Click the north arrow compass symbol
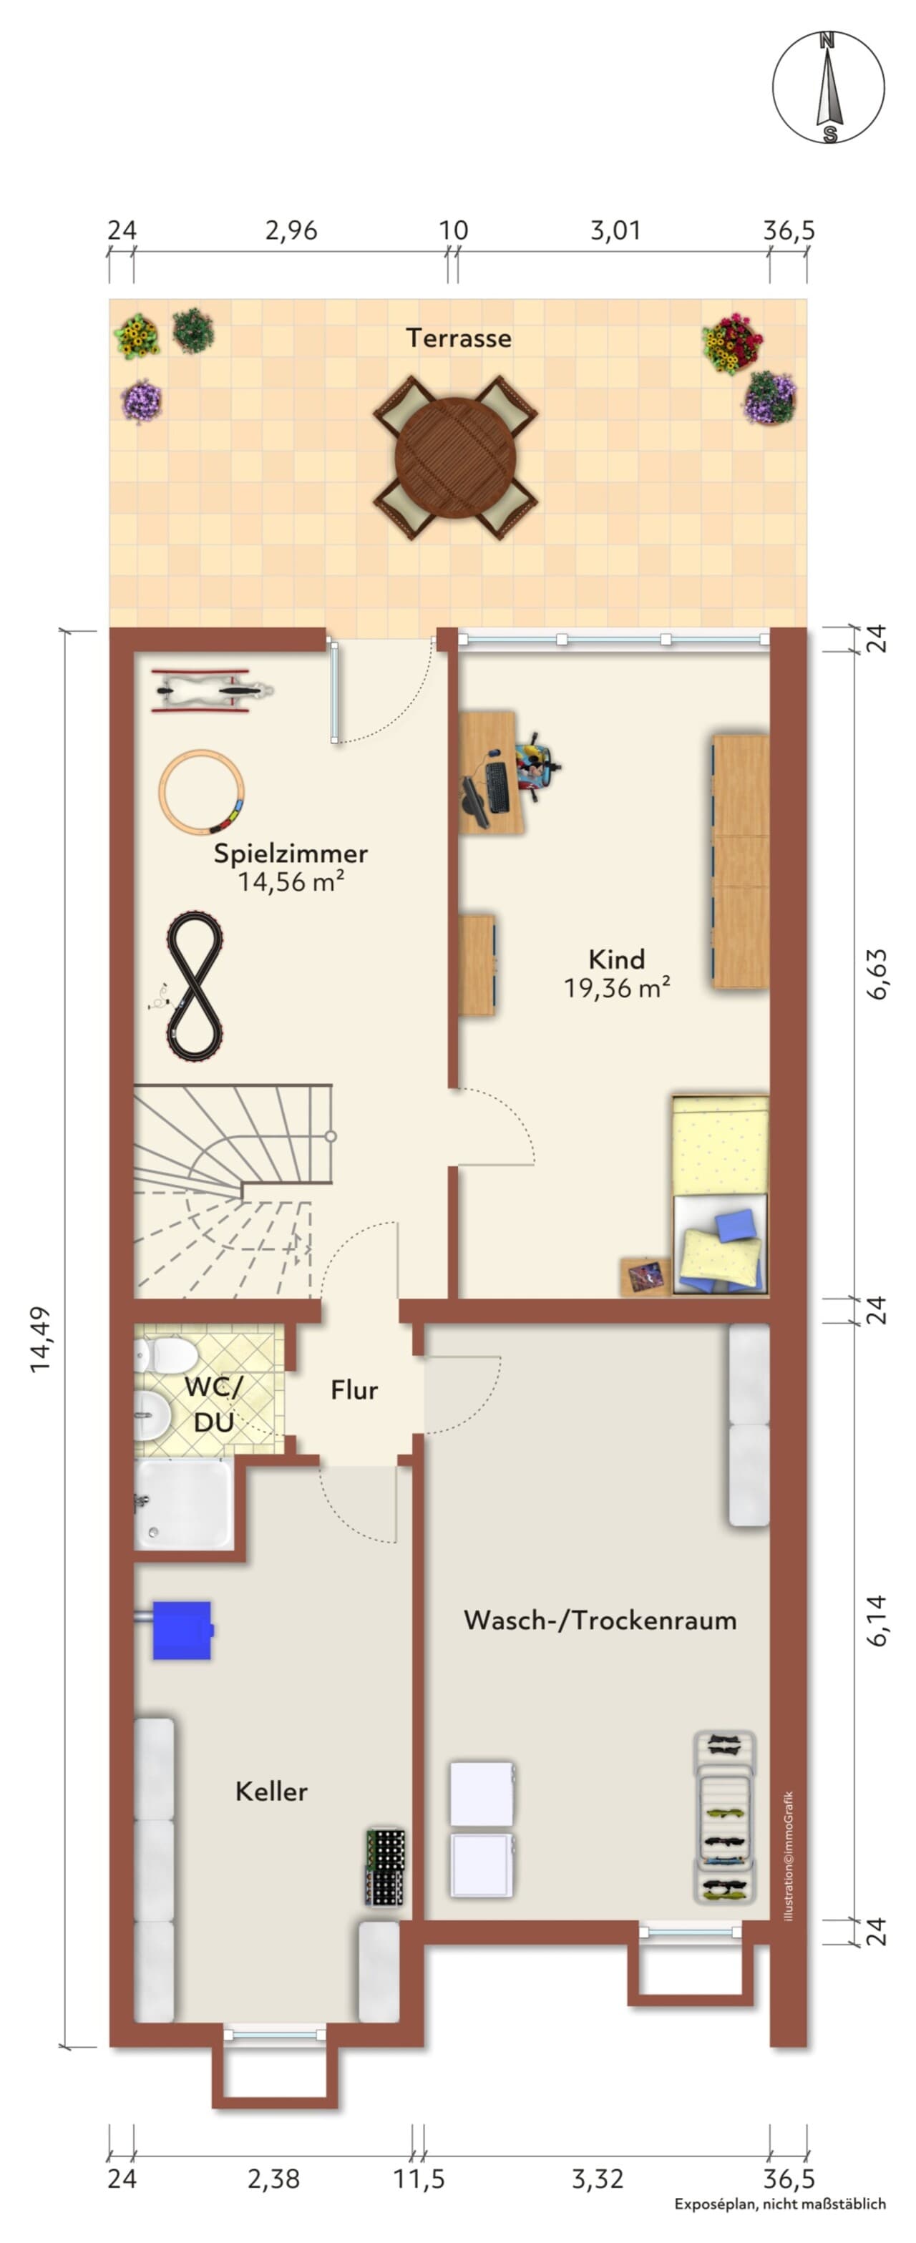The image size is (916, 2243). (828, 87)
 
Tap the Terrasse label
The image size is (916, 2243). (458, 338)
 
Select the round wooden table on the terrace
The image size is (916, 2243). (455, 458)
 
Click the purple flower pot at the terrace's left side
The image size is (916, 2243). (141, 402)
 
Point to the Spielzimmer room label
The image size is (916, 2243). (291, 854)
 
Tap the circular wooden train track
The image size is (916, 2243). (201, 793)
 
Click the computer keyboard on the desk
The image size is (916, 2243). (497, 787)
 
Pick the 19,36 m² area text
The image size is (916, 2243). (616, 988)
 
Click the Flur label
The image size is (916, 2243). (354, 1389)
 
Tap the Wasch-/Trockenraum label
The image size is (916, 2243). (600, 1620)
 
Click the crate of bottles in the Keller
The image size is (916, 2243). (385, 1867)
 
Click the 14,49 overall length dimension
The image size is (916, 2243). (41, 1339)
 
